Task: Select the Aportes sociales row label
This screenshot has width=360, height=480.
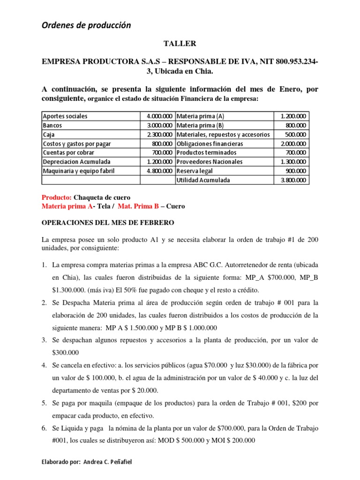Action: [x=65, y=116]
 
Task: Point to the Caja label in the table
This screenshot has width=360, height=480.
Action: [x=49, y=135]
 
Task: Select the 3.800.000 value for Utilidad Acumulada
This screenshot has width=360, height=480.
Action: [x=292, y=180]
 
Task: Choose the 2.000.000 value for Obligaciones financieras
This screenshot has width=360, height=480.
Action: [x=292, y=143]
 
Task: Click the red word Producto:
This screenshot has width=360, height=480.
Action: [x=57, y=197]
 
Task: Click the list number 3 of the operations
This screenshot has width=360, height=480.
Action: [x=44, y=340]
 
